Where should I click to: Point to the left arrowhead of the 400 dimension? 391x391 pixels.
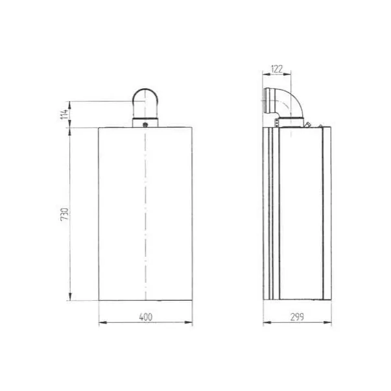101,322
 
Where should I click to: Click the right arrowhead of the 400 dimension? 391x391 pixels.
191,322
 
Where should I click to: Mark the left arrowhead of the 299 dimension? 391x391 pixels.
266,322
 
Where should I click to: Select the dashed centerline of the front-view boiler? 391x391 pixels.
146,214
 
